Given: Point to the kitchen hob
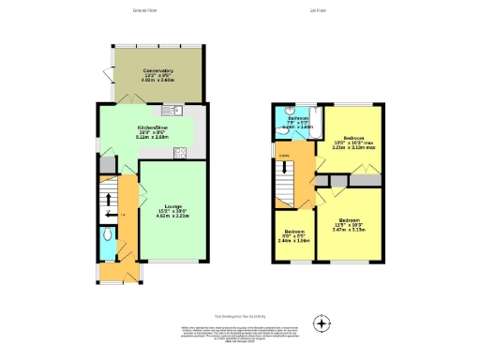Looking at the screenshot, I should [180, 153].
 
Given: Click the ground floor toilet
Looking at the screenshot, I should [110, 238].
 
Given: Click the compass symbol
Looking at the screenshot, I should [322, 324].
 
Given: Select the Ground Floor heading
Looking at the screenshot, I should [143, 11].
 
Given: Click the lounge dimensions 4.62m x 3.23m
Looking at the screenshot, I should [172, 217].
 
